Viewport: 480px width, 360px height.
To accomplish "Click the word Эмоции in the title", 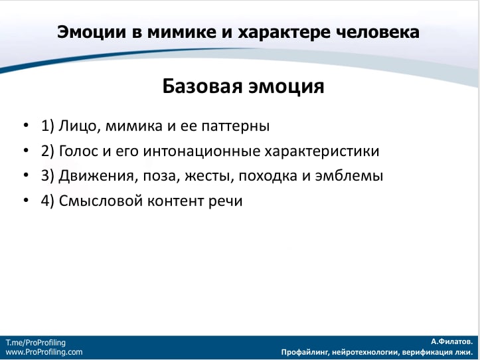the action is click(x=92, y=32).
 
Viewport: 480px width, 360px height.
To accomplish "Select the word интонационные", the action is click(x=201, y=151).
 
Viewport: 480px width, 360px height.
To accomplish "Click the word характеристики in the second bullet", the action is click(x=322, y=151).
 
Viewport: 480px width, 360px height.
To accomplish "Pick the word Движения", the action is click(x=96, y=176).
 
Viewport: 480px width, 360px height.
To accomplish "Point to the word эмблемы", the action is click(x=349, y=175).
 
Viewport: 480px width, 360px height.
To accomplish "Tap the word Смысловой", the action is click(x=101, y=201).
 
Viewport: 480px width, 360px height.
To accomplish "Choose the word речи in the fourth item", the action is click(x=225, y=202).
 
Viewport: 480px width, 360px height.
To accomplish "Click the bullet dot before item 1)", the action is click(x=26, y=126).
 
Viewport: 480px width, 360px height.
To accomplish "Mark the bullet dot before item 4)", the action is click(x=26, y=201).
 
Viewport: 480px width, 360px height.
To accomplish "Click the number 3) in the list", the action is click(x=47, y=176).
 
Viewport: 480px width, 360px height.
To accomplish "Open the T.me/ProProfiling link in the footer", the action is click(x=35, y=343).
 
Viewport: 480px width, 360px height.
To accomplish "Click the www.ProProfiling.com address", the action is click(x=44, y=352).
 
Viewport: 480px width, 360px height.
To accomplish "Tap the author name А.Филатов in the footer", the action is click(x=452, y=341).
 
